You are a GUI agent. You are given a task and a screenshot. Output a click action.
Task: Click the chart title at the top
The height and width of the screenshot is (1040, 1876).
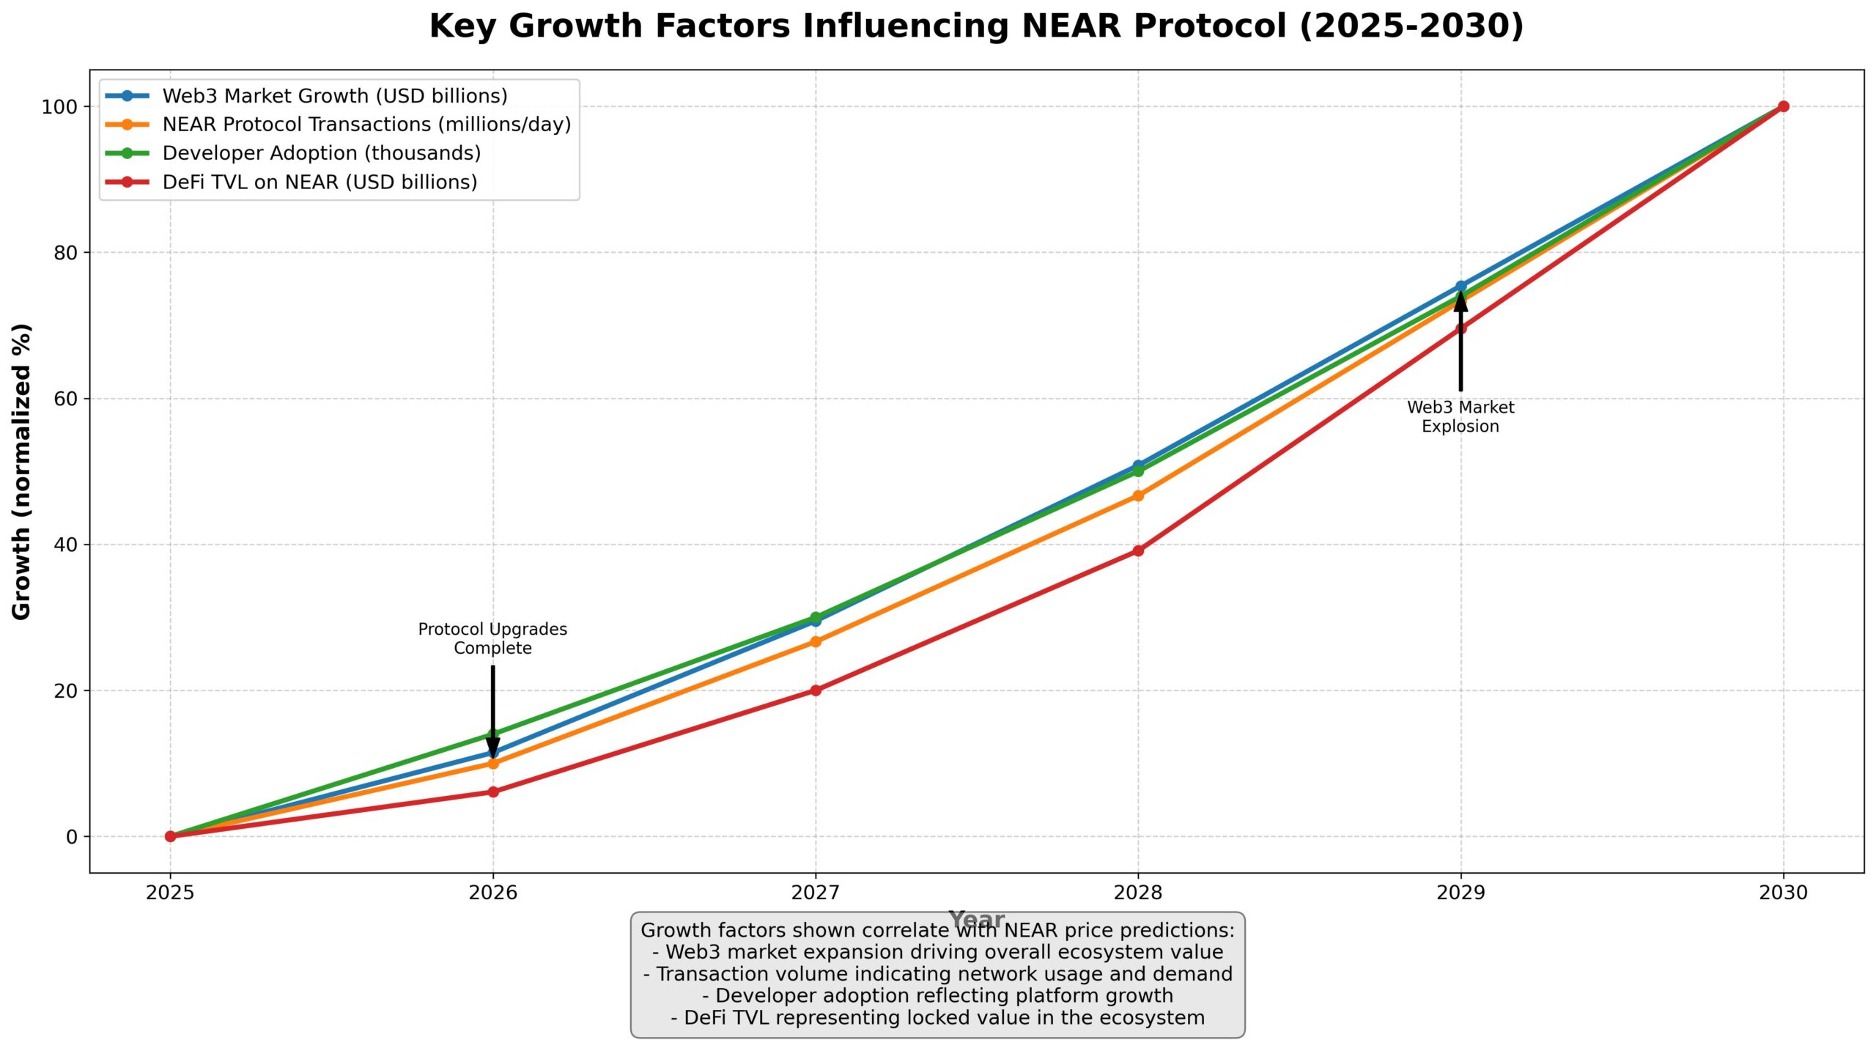pyautogui.click(x=976, y=26)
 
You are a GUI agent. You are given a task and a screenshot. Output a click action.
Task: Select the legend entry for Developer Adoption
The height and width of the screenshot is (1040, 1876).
pyautogui.click(x=321, y=153)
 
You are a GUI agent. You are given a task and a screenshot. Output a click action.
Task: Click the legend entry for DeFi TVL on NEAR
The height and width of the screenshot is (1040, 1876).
pyautogui.click(x=320, y=182)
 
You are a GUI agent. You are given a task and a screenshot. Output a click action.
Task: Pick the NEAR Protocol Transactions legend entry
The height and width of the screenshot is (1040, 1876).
pyautogui.click(x=366, y=125)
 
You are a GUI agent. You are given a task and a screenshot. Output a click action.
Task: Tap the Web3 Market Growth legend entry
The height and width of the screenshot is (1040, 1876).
pyautogui.click(x=334, y=96)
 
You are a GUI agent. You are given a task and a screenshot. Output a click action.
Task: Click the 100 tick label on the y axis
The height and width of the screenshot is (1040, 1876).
pyautogui.click(x=59, y=107)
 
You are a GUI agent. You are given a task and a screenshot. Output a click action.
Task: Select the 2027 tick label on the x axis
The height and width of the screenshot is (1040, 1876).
pyautogui.click(x=815, y=893)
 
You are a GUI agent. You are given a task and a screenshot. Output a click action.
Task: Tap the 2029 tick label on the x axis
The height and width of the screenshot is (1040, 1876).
pyautogui.click(x=1460, y=893)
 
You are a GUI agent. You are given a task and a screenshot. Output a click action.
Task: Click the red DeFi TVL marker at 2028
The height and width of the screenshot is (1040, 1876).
pyautogui.click(x=1138, y=550)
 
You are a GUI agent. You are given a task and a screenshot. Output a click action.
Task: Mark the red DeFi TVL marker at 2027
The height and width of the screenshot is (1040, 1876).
pyautogui.click(x=816, y=690)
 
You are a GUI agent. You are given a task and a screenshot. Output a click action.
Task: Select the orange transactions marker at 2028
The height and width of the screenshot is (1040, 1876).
pyautogui.click(x=1138, y=496)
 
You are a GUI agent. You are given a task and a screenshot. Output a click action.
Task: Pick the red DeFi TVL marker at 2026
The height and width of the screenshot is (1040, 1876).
pyautogui.click(x=493, y=792)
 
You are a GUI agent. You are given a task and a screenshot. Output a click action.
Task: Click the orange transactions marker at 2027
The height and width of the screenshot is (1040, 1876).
pyautogui.click(x=816, y=642)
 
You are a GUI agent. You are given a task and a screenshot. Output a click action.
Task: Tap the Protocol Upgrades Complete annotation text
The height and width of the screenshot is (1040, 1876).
pyautogui.click(x=492, y=638)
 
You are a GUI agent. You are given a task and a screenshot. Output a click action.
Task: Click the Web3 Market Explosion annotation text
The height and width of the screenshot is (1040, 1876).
pyautogui.click(x=1460, y=417)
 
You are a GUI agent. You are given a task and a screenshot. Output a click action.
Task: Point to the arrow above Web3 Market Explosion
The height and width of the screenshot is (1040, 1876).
pyautogui.click(x=1460, y=344)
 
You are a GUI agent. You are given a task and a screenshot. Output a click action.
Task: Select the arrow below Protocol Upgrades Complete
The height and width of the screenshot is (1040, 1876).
pyautogui.click(x=493, y=707)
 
